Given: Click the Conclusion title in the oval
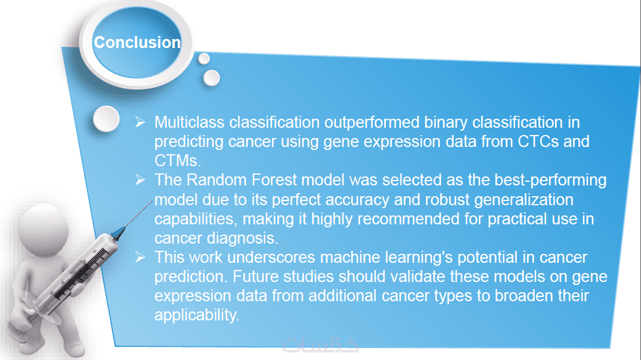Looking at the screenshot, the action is tap(137, 43).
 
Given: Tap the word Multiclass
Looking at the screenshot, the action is tap(189, 122).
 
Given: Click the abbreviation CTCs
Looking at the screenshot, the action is tap(538, 142).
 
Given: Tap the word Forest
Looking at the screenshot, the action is tap(274, 180).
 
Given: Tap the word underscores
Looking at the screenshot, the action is tap(271, 257).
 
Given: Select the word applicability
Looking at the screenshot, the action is tap(197, 316).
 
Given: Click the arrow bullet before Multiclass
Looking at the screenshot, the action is tap(140, 122).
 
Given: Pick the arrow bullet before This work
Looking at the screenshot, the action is tap(140, 257).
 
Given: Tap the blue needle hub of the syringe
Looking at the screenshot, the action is tap(118, 233).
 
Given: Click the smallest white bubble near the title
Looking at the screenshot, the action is tap(204, 59).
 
